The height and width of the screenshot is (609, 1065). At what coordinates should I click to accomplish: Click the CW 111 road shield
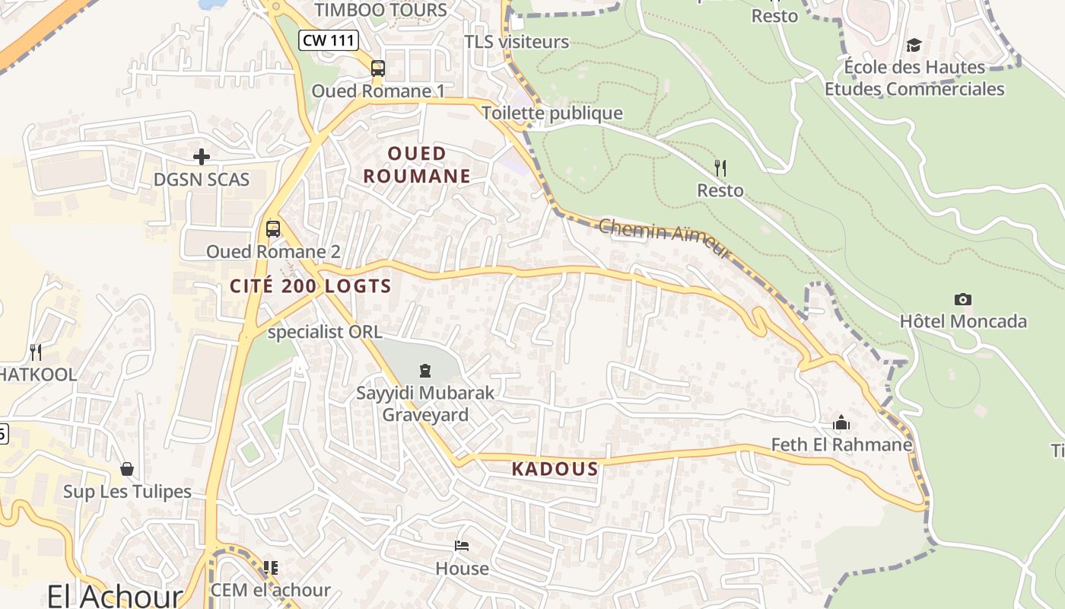(x=328, y=40)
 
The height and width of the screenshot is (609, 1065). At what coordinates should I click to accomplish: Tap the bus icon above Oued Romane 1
(x=378, y=69)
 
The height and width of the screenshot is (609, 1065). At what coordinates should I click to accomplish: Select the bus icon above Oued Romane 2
(x=272, y=228)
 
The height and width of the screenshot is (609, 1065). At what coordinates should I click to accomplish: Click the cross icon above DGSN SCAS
(x=202, y=157)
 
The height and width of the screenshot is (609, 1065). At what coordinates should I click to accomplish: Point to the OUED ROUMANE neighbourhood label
(x=417, y=165)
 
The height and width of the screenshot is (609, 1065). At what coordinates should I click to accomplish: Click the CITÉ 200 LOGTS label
(x=310, y=286)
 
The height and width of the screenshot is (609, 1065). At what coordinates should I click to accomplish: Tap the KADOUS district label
(x=555, y=469)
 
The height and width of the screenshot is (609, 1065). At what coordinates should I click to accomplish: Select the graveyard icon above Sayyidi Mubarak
(x=425, y=371)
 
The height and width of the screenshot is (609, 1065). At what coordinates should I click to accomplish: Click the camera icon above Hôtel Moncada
(x=962, y=299)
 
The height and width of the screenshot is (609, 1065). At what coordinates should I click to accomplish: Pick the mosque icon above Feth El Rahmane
(x=841, y=422)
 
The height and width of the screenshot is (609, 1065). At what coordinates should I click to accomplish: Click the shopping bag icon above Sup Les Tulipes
(x=127, y=469)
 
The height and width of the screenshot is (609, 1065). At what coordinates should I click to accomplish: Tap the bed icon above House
(x=462, y=546)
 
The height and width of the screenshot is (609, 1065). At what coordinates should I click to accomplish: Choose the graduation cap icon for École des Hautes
(x=914, y=45)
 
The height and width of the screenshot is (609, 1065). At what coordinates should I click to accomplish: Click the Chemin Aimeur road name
(x=665, y=238)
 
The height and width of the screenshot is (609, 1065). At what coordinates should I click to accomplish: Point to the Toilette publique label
(x=552, y=113)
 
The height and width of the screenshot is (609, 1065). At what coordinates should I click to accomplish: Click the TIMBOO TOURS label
(x=381, y=10)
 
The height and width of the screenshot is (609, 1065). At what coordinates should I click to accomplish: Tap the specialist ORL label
(x=325, y=333)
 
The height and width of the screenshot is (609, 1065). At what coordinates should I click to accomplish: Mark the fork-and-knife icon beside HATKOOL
(x=35, y=352)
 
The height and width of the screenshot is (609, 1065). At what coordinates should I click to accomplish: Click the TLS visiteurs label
(x=517, y=42)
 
